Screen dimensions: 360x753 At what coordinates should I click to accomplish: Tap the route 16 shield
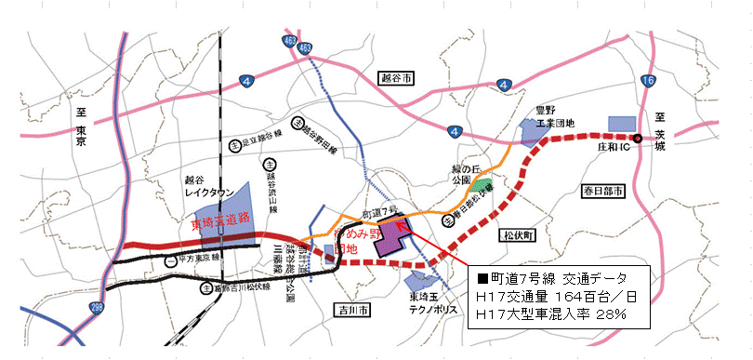(x=647, y=82)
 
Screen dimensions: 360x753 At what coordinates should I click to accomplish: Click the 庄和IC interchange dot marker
(x=637, y=139)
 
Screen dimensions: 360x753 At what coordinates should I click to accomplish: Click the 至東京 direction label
(x=81, y=127)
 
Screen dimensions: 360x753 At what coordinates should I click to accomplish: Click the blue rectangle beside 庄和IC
(x=620, y=124)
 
